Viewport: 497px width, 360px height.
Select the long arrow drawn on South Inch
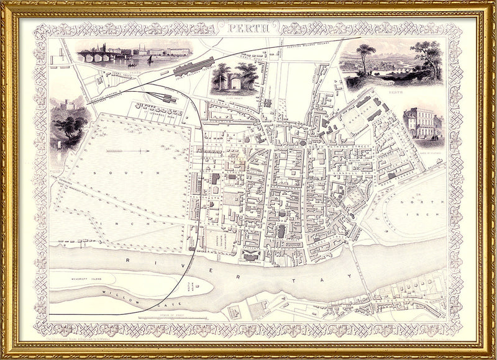click(127, 151)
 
